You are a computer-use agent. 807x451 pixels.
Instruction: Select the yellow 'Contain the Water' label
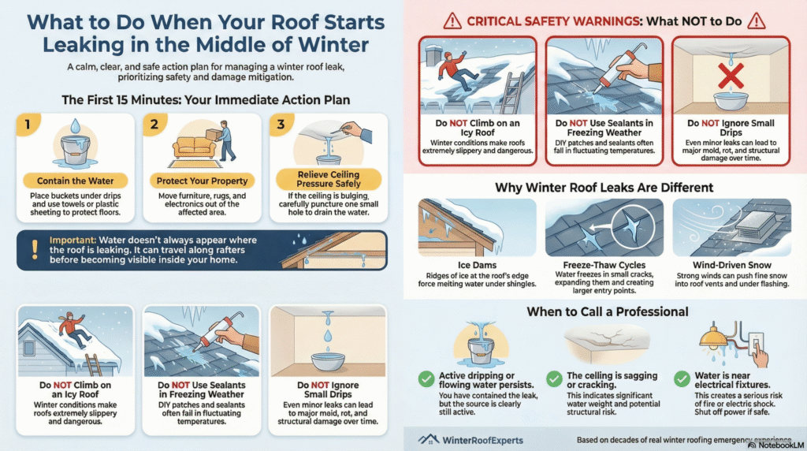pyautogui.click(x=73, y=181)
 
